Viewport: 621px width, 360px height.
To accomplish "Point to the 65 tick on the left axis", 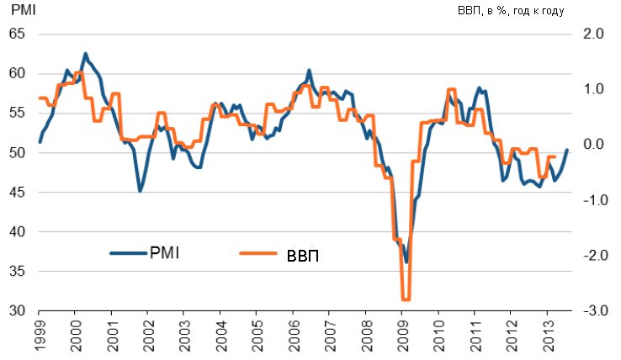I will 17,34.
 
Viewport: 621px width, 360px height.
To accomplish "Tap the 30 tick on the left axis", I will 17,311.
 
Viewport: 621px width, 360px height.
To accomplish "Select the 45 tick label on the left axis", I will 17,193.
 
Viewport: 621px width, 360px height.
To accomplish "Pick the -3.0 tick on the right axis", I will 592,311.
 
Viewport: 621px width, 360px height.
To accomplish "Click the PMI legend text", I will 165,251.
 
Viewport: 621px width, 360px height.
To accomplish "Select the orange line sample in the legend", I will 258,253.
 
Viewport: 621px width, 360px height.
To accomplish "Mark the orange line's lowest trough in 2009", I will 406,299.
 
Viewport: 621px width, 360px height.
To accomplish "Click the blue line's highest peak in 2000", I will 86,54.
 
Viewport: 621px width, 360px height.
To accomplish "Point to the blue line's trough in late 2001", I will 140,191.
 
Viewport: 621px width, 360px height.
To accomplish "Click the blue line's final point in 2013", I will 566,150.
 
